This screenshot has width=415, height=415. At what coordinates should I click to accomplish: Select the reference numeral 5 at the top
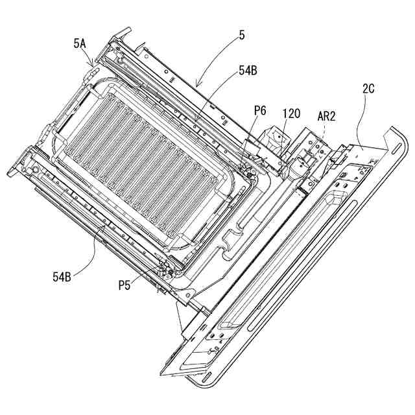(242, 36)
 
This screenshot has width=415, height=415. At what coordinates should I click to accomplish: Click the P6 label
(259, 111)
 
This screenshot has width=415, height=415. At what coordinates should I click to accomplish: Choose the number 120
(291, 113)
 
